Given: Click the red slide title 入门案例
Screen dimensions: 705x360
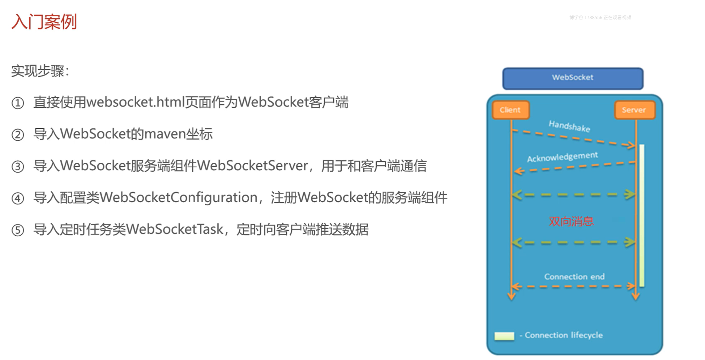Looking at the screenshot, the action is tap(44, 22).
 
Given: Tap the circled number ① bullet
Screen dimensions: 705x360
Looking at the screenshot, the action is tap(18, 103).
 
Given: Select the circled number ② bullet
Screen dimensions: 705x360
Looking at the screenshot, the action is tap(18, 135).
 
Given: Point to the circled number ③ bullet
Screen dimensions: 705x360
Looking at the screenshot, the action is tap(18, 167).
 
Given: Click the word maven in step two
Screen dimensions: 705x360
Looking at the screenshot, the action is tap(164, 134).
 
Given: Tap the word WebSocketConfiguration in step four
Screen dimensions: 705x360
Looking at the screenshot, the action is tap(179, 198).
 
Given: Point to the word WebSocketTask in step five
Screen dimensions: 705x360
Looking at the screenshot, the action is tap(175, 229).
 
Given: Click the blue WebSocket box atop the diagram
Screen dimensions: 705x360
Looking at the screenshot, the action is tap(573, 78).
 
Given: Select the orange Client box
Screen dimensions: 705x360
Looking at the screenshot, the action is tap(511, 110).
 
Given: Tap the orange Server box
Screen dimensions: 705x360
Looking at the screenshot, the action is tap(634, 110).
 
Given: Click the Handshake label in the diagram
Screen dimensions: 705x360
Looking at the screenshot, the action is tap(569, 126).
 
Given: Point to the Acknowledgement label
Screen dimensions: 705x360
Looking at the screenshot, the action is tap(562, 157).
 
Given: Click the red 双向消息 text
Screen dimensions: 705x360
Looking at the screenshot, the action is tap(571, 221).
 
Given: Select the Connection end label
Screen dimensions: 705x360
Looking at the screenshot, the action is tap(574, 276).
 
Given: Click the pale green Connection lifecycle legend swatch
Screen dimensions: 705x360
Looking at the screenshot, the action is tap(504, 336).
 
